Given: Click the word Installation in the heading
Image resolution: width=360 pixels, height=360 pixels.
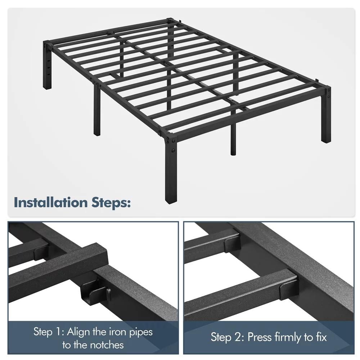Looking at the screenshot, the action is coord(50,202).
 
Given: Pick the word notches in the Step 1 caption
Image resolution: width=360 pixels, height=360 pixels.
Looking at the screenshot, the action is coord(107,345).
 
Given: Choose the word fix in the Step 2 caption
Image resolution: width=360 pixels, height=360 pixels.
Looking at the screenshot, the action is coord(321,337).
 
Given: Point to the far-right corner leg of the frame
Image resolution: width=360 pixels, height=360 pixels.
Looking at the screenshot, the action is coord(326,115).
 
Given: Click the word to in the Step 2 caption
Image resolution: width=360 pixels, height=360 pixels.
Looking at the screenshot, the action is coord(309,338).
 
